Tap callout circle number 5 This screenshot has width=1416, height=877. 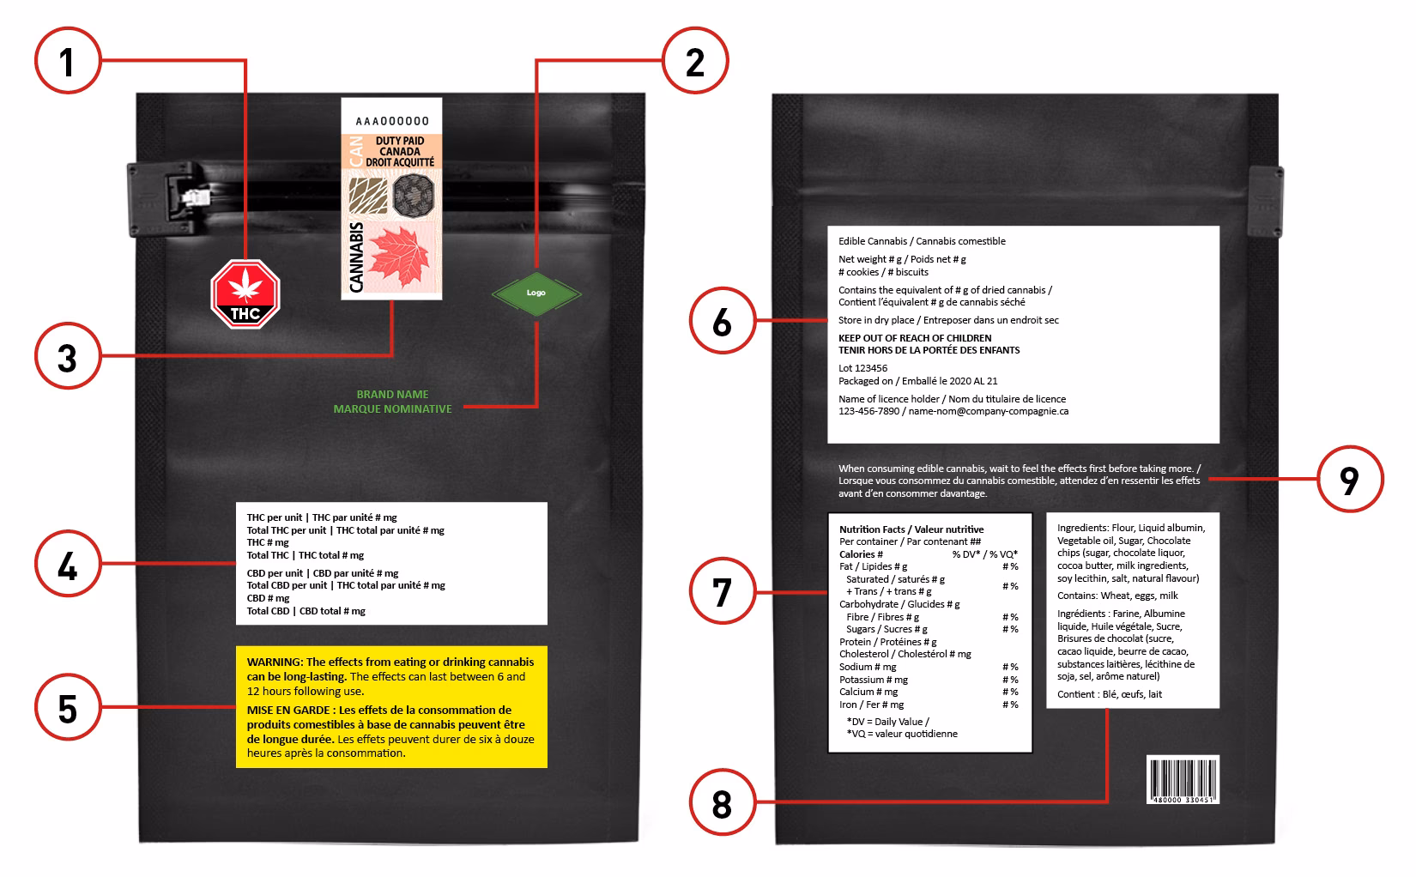pos(68,708)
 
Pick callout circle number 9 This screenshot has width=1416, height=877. pos(1350,479)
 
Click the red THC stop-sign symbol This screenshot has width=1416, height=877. pos(246,294)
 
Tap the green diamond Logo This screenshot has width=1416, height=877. pos(536,293)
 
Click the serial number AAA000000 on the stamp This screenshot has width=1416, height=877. pos(391,121)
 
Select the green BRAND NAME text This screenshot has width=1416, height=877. pos(392,395)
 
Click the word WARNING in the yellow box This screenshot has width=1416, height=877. pos(274,662)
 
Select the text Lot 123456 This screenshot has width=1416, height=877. pos(862,368)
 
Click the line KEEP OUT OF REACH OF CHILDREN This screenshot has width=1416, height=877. pos(914,338)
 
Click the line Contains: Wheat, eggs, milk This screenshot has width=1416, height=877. pos(1117,596)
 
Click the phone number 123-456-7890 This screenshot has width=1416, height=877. pos(868,411)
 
